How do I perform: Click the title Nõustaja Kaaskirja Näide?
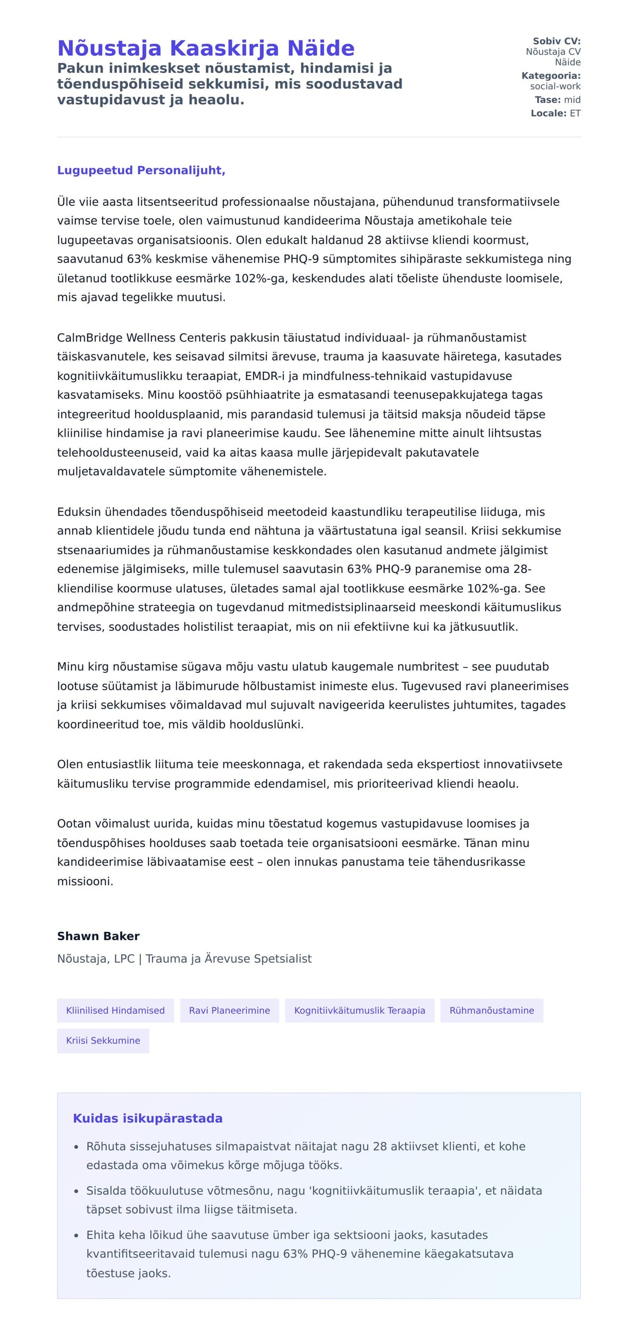pyautogui.click(x=205, y=48)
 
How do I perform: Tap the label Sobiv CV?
pyautogui.click(x=556, y=41)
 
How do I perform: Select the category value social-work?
pyautogui.click(x=555, y=86)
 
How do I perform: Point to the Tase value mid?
pyautogui.click(x=572, y=99)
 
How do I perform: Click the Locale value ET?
pyautogui.click(x=575, y=113)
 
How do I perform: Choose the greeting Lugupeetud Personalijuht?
pyautogui.click(x=141, y=170)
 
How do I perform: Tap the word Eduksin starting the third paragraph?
pyautogui.click(x=79, y=512)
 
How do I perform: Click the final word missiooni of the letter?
pyautogui.click(x=85, y=881)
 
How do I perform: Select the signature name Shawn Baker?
pyautogui.click(x=98, y=936)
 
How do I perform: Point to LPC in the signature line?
pyautogui.click(x=124, y=958)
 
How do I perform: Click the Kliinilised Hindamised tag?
pyautogui.click(x=115, y=1011)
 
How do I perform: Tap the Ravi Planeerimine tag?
pyautogui.click(x=229, y=1011)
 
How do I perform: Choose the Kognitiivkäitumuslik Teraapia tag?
pyautogui.click(x=359, y=1011)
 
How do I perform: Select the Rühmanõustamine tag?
pyautogui.click(x=492, y=1011)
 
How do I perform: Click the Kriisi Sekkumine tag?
pyautogui.click(x=103, y=1040)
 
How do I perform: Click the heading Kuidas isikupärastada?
pyautogui.click(x=148, y=1119)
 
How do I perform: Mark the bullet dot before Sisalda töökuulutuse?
pyautogui.click(x=76, y=1191)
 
